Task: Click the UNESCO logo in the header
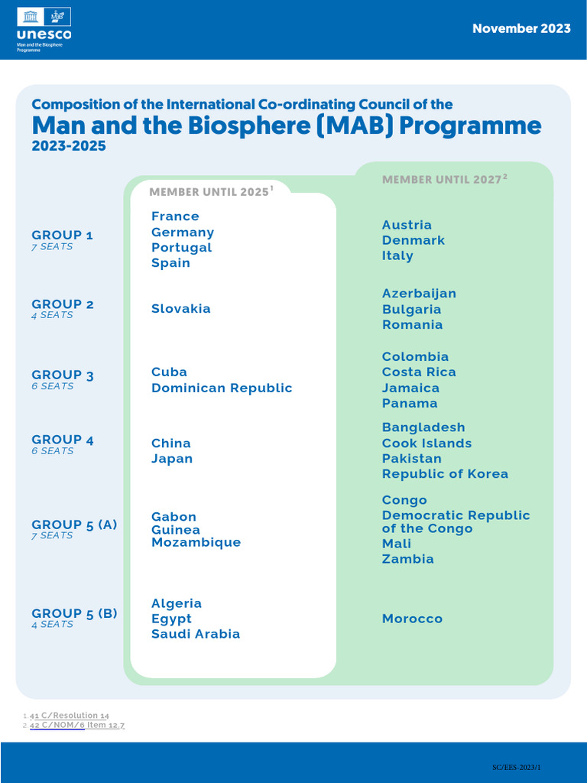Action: point(44,29)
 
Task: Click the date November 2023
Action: point(521,28)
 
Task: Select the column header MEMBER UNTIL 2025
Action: point(209,192)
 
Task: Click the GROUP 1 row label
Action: point(63,235)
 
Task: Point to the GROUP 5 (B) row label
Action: point(74,613)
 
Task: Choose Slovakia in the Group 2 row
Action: point(181,309)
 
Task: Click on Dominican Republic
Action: point(222,388)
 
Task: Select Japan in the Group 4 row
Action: point(172,459)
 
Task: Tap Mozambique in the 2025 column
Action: point(196,542)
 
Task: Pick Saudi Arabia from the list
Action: point(196,634)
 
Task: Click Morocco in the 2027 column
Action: point(412,619)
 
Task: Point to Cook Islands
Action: point(426,443)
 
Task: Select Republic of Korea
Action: point(445,474)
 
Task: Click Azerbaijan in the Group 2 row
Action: point(419,294)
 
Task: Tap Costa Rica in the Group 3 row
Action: point(419,372)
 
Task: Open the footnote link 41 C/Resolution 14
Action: point(69,716)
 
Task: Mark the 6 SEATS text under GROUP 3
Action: point(53,386)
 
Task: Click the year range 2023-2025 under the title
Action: point(69,146)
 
